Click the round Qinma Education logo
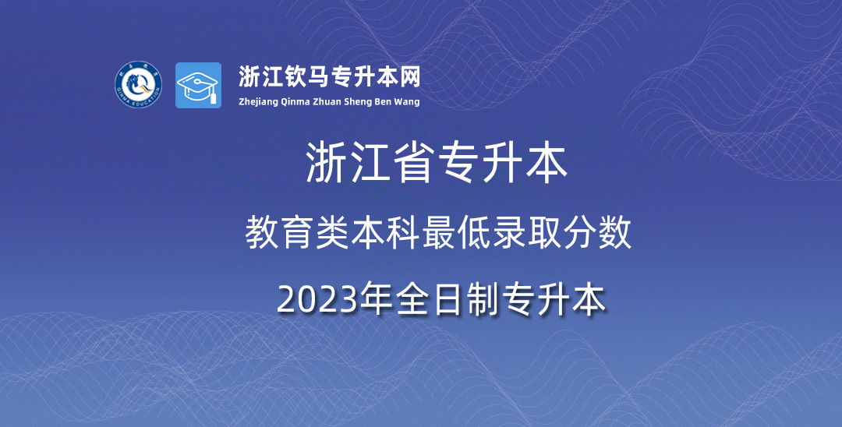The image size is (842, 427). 138,85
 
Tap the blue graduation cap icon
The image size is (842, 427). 198,85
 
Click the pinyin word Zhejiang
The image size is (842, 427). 258,101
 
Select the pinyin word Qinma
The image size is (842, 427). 295,101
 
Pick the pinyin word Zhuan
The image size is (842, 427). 327,101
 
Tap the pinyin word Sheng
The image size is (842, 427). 359,101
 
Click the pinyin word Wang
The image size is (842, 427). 408,101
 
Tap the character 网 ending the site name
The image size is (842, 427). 409,77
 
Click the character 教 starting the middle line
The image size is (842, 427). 261,234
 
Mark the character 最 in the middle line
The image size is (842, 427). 439,234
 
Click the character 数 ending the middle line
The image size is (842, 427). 615,234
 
